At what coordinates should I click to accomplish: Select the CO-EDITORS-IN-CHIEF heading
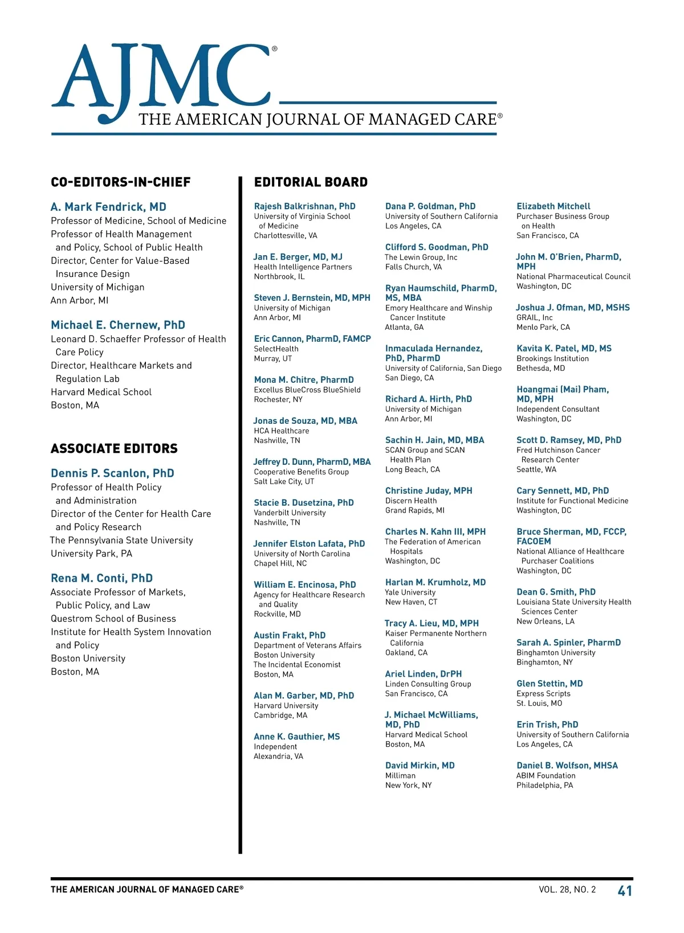click(121, 182)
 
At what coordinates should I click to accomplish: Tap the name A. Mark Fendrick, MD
click(108, 207)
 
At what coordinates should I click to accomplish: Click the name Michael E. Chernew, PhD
click(118, 325)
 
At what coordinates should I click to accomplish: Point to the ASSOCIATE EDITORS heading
click(114, 449)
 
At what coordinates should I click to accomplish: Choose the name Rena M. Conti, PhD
click(102, 578)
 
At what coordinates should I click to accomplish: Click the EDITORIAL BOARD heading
click(311, 182)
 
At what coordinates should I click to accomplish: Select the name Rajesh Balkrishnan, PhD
click(304, 206)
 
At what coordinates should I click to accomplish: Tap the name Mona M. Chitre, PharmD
click(304, 380)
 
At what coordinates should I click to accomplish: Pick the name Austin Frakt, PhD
click(290, 635)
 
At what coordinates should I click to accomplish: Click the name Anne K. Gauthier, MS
click(296, 736)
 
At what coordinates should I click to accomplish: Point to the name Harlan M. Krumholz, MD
click(435, 582)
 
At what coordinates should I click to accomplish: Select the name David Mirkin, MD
click(420, 766)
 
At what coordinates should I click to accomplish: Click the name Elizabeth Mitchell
click(553, 206)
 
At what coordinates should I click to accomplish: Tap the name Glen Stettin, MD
click(549, 684)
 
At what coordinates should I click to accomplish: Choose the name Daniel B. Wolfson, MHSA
click(567, 766)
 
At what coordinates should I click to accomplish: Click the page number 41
click(625, 891)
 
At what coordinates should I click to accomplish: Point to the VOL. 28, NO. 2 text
click(567, 890)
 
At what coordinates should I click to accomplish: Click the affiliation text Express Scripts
click(543, 694)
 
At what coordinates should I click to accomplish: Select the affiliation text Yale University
click(410, 592)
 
